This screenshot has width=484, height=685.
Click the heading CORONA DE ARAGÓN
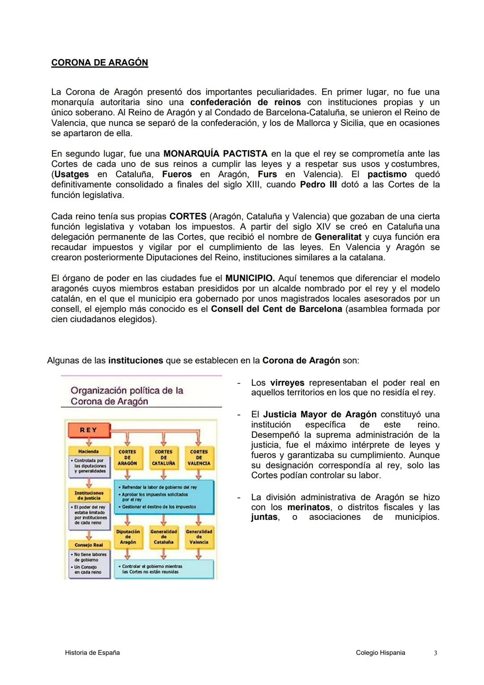[99, 63]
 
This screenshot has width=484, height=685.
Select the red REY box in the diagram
[88, 430]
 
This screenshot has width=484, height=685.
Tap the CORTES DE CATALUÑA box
[163, 458]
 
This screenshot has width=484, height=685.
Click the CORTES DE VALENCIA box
[199, 458]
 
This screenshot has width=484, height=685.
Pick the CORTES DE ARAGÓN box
[127, 458]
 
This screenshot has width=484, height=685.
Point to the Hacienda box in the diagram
[88, 451]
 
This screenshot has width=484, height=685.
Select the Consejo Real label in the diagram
[88, 545]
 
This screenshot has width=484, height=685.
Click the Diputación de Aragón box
[128, 537]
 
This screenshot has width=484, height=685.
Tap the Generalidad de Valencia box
[199, 537]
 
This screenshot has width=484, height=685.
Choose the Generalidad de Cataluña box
[163, 537]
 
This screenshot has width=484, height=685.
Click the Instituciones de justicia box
[88, 495]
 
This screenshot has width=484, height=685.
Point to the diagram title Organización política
[127, 396]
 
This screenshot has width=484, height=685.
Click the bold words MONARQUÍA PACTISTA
[216, 154]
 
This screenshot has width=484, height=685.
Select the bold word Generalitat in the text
[338, 237]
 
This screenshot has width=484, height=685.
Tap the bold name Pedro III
[318, 185]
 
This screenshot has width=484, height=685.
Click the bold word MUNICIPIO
[250, 278]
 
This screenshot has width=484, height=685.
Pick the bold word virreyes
[287, 383]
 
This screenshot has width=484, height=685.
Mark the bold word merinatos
[309, 507]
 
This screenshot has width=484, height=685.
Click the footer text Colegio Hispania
[380, 653]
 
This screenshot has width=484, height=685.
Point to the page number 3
[435, 653]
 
